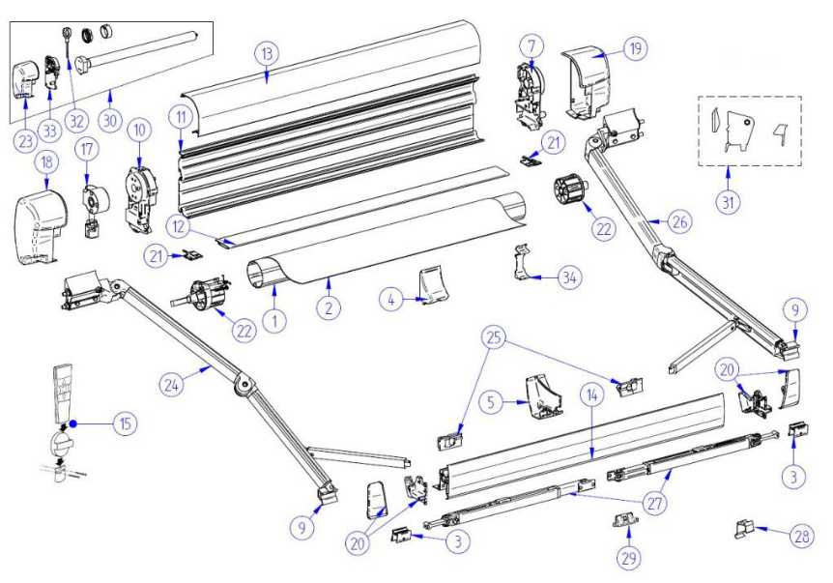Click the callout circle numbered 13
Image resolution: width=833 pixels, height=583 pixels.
268,53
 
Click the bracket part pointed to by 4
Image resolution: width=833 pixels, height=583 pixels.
427,287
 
